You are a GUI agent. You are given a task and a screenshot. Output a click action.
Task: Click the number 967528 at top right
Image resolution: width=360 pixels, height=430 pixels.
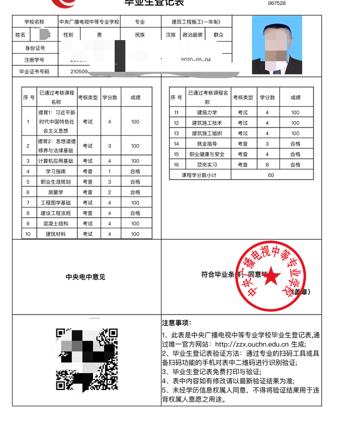click(276, 3)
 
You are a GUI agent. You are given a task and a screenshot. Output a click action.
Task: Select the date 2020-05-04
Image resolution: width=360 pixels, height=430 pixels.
click(195, 60)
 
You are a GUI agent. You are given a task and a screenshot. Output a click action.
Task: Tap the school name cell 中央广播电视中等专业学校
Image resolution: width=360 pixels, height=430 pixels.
click(89, 22)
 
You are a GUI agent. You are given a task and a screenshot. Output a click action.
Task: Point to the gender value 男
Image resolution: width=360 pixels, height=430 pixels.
click(99, 35)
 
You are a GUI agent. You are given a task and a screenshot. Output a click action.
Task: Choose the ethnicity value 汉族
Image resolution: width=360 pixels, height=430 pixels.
click(170, 35)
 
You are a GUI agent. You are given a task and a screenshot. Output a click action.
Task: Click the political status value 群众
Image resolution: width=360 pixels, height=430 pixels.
click(218, 35)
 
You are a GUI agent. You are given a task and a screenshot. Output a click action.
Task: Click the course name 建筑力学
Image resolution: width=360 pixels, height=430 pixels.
click(207, 112)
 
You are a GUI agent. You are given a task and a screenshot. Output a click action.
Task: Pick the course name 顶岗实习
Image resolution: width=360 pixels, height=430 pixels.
click(207, 164)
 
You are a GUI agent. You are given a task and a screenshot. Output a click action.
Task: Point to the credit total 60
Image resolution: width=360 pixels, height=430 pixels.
click(271, 175)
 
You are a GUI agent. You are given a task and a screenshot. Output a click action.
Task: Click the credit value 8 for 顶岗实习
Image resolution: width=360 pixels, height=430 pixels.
click(267, 164)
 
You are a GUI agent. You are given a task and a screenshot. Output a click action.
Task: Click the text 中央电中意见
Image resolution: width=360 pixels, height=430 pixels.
click(85, 277)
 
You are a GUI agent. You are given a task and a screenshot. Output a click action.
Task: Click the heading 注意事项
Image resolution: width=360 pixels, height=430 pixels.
click(176, 322)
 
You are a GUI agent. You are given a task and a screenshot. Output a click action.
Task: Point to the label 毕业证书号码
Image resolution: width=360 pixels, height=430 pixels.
click(34, 71)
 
